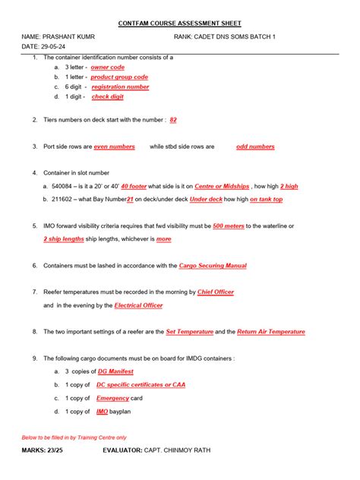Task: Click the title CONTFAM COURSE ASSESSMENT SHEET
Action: (180, 24)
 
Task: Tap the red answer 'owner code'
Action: (108, 67)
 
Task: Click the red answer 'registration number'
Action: (120, 87)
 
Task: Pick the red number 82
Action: (173, 120)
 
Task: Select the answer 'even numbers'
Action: (114, 147)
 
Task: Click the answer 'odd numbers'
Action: (255, 147)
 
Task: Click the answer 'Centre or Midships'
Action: (221, 186)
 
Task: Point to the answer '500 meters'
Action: (228, 226)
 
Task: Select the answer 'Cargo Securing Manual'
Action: (212, 266)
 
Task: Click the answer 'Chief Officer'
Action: (215, 292)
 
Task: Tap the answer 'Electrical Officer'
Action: (137, 305)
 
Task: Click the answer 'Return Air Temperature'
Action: (270, 332)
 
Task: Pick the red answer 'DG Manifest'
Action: (115, 371)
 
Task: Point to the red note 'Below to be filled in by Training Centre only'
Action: (74, 437)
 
